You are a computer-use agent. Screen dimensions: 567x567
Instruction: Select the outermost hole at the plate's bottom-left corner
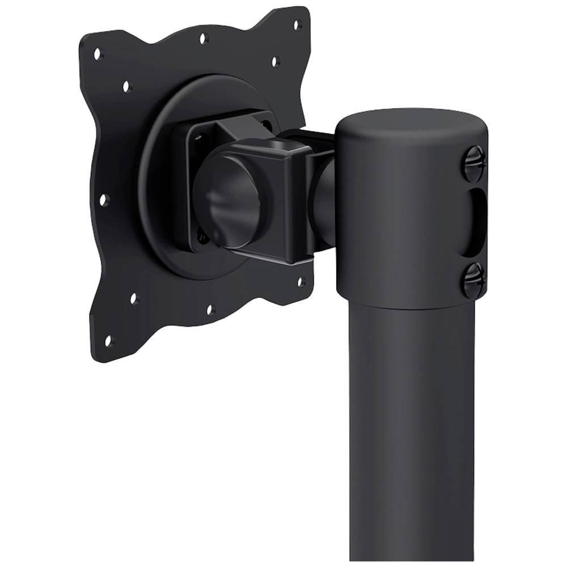[108, 340]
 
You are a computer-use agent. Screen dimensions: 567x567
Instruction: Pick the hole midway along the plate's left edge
[103, 200]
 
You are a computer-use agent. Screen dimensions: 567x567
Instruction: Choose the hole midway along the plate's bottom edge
[210, 309]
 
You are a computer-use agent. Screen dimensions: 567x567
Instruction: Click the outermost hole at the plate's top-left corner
[98, 54]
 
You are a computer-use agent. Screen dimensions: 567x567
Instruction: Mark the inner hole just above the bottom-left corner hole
[134, 298]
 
